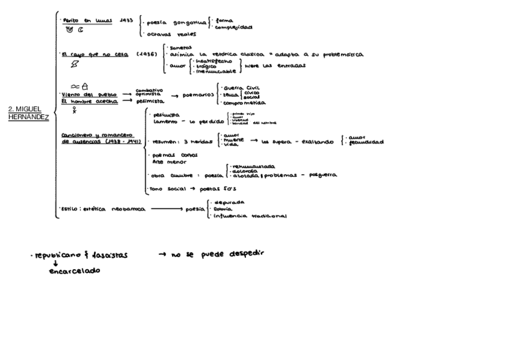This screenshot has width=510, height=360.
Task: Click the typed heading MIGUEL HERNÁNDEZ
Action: (x=28, y=112)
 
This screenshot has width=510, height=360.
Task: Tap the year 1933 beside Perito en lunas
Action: (x=126, y=20)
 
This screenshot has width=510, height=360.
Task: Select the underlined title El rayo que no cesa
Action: (x=90, y=54)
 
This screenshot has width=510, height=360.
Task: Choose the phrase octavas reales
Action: (x=171, y=34)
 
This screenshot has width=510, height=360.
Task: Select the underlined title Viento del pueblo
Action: (x=85, y=94)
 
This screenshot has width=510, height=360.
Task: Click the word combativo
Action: (x=149, y=90)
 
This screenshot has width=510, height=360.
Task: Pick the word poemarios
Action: (x=197, y=96)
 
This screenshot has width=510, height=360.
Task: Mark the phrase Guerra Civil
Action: (x=240, y=87)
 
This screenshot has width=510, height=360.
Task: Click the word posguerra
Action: (x=323, y=175)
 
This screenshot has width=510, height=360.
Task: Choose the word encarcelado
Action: (x=75, y=271)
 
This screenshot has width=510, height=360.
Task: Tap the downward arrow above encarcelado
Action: (x=55, y=263)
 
